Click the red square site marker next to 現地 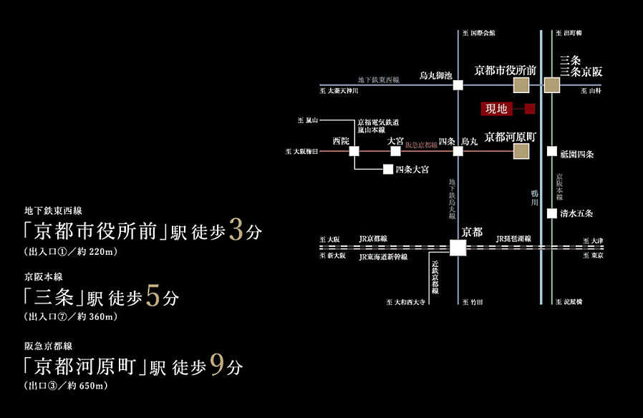tap(530, 109)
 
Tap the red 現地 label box tap(496, 109)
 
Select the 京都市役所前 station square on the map tap(521, 86)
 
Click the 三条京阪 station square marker tap(552, 86)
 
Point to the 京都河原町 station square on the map tap(521, 151)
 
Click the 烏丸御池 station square tap(458, 85)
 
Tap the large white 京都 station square tap(458, 248)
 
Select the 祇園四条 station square tap(552, 151)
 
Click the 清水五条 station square tap(552, 213)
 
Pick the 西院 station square tap(354, 151)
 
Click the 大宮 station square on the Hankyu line tap(395, 151)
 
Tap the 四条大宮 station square tap(387, 170)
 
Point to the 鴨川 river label tap(534, 198)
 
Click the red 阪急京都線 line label tap(422, 145)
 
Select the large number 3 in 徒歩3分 tap(236, 233)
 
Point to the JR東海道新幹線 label tap(383, 256)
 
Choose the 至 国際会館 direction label tap(479, 33)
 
